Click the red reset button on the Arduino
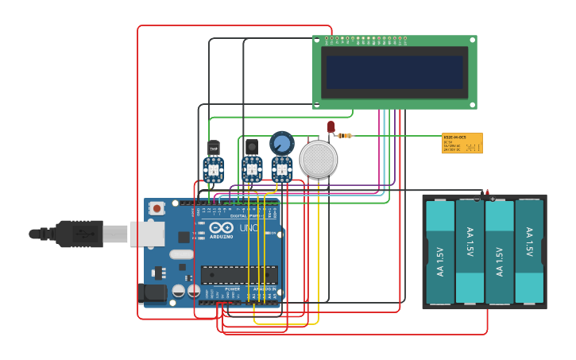tap(157, 208)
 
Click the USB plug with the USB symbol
tap(80, 234)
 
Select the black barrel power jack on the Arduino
tap(152, 293)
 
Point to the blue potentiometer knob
tap(281, 142)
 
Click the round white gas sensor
tap(319, 159)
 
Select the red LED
tap(331, 126)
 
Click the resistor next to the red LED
tap(344, 136)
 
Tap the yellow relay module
tap(462, 143)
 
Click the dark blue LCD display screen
tap(394, 72)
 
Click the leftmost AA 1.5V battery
tap(440, 251)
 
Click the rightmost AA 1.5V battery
tap(529, 251)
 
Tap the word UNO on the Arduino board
tap(249, 228)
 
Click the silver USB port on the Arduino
tap(147, 234)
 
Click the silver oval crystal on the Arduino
tap(181, 255)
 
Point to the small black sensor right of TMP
tap(251, 147)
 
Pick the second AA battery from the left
tap(470, 251)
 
